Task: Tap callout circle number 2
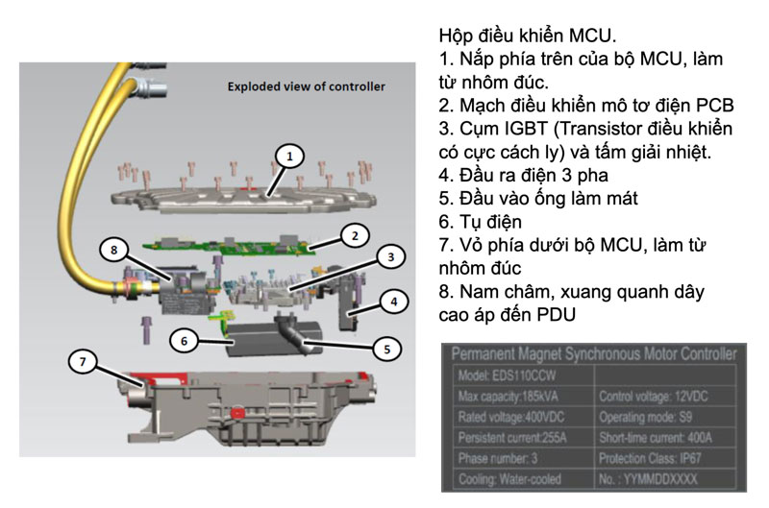coord(354,235)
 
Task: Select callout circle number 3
coord(388,257)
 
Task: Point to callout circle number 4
coord(392,300)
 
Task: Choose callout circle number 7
coord(85,362)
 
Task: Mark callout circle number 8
coord(115,250)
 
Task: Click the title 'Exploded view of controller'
coord(306,86)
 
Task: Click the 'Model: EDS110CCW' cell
coord(506,375)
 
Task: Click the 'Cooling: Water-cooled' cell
coord(513,480)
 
